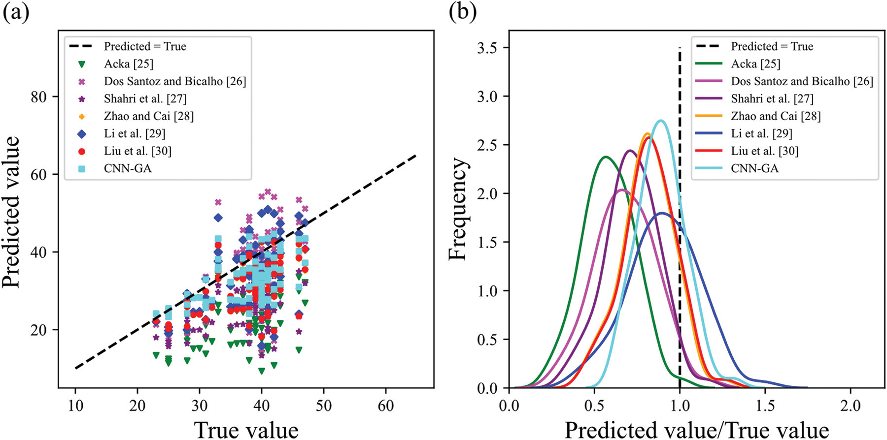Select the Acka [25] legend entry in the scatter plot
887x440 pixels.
point(128,64)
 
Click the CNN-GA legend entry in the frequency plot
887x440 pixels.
point(754,168)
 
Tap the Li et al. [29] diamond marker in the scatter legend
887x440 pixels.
point(82,133)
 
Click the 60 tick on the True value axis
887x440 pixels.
point(385,406)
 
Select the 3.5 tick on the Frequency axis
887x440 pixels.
point(487,48)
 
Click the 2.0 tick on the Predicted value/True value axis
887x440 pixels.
point(851,406)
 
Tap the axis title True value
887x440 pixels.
point(246,429)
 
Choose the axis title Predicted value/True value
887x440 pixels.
point(696,429)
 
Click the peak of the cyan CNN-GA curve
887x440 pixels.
point(661,121)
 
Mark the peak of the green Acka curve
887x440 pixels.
point(606,157)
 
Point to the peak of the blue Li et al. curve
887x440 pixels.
point(662,213)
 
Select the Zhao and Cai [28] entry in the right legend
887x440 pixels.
point(775,116)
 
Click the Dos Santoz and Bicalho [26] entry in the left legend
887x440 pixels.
point(174,81)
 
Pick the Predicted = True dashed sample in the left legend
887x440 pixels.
point(82,46)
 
